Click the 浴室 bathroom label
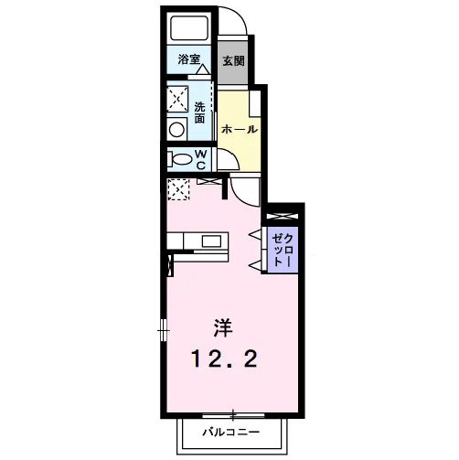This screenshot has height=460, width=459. (x=188, y=59)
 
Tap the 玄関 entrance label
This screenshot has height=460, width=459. (x=233, y=61)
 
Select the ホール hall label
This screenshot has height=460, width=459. (x=240, y=129)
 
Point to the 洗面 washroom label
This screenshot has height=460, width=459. (x=200, y=112)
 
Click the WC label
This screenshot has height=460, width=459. (x=200, y=160)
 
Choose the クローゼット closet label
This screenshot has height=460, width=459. (x=282, y=250)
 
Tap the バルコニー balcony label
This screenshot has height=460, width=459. (x=231, y=432)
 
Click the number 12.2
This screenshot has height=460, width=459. (x=224, y=358)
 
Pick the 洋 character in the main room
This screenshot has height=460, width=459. (x=223, y=327)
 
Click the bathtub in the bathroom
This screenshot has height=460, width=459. (x=189, y=27)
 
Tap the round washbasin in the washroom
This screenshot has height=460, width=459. (x=176, y=130)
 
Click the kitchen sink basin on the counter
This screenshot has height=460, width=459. (x=211, y=241)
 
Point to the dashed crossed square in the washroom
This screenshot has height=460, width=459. (x=177, y=99)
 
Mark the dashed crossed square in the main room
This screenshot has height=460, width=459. (x=178, y=189)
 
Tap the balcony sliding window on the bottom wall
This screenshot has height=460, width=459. (x=233, y=415)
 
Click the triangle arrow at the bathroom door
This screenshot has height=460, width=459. (x=203, y=70)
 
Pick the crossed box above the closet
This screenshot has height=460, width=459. (x=282, y=216)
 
